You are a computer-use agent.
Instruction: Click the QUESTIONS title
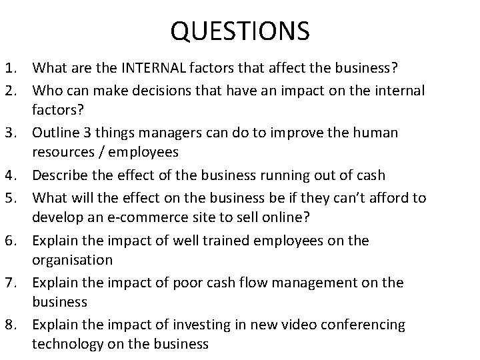pyautogui.click(x=240, y=30)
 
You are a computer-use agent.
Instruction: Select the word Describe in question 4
pyautogui.click(x=61, y=175)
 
